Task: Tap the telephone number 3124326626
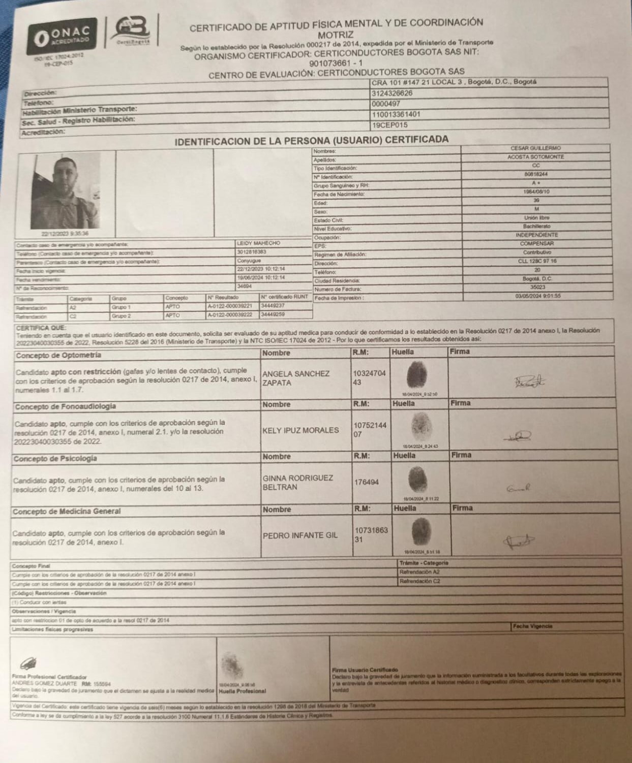click(392, 93)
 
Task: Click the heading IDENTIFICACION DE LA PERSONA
click(311, 140)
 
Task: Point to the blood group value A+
click(535, 183)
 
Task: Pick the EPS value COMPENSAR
click(536, 244)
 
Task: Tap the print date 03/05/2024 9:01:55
click(537, 296)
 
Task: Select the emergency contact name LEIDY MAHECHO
click(258, 244)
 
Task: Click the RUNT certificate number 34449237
click(273, 306)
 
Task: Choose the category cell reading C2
click(74, 315)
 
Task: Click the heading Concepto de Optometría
click(58, 356)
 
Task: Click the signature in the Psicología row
click(519, 489)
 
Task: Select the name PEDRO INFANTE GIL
click(300, 536)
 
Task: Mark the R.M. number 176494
click(366, 483)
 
